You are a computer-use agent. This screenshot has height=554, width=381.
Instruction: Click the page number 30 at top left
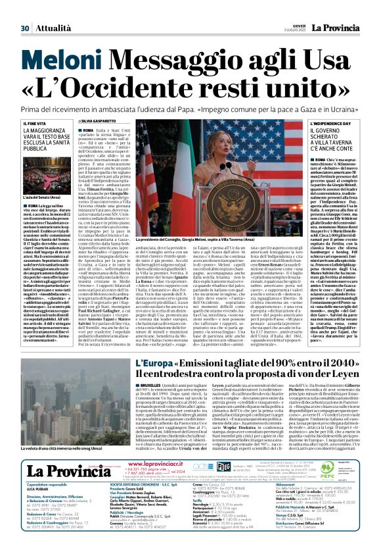point(25,9)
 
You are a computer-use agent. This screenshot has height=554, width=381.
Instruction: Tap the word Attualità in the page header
point(50,9)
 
